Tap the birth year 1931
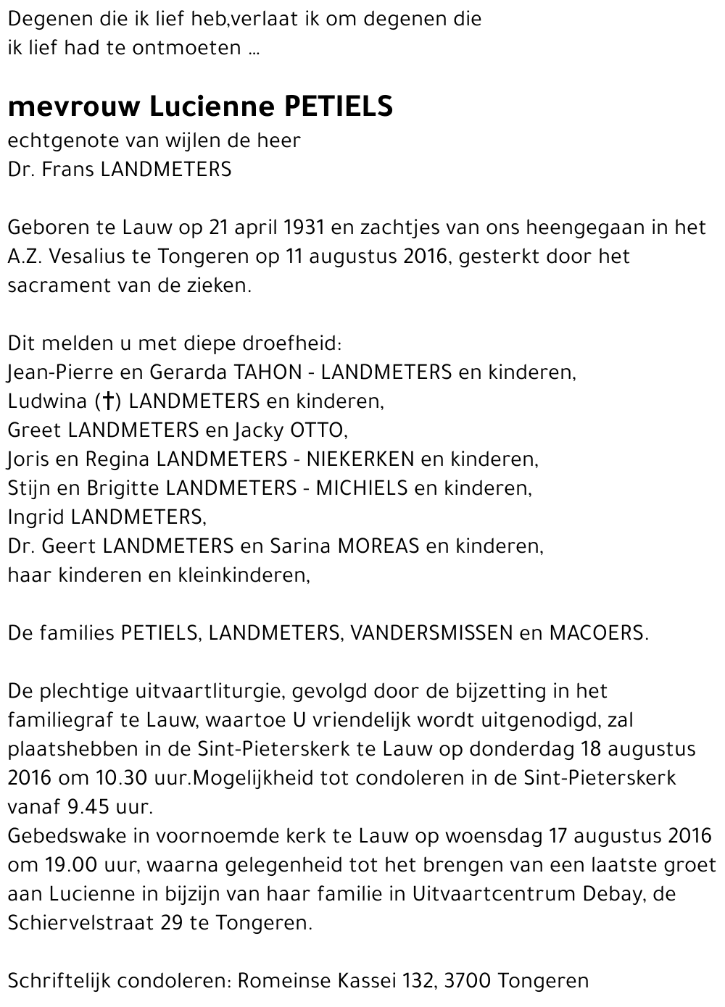coord(304,227)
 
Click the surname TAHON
coord(268,372)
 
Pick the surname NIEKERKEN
coord(360,459)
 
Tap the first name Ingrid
coord(36,517)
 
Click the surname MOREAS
coord(377,546)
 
